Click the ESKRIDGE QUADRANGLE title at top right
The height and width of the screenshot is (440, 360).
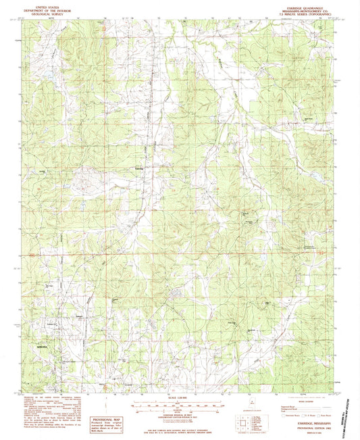point(305,4)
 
